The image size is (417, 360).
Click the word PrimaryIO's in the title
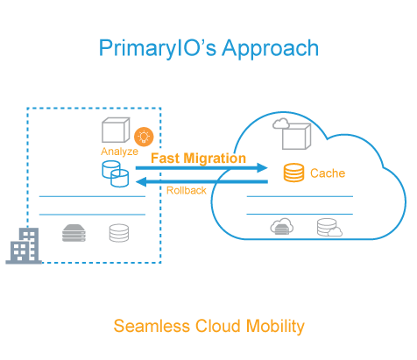click(x=158, y=48)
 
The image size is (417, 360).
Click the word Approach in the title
click(x=271, y=48)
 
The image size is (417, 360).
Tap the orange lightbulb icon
click(x=144, y=137)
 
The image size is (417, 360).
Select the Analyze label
click(x=119, y=152)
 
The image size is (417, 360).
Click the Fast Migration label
click(x=198, y=159)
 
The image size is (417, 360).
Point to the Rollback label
click(x=187, y=191)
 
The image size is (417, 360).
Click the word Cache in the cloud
click(x=328, y=173)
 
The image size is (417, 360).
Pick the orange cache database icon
click(x=293, y=173)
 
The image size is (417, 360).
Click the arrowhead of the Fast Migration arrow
click(x=262, y=167)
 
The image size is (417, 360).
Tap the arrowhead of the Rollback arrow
click(x=141, y=181)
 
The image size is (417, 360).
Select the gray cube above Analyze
click(x=116, y=130)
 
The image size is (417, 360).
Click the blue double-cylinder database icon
click(x=116, y=174)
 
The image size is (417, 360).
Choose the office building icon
click(x=24, y=246)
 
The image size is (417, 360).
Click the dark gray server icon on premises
click(x=74, y=233)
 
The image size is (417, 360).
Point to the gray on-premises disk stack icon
click(x=119, y=233)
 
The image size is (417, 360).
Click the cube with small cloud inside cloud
click(x=292, y=134)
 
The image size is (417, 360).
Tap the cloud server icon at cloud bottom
click(x=282, y=227)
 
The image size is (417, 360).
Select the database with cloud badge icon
click(x=329, y=227)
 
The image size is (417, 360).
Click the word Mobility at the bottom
click(x=275, y=326)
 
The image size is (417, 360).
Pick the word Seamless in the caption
click(x=152, y=326)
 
